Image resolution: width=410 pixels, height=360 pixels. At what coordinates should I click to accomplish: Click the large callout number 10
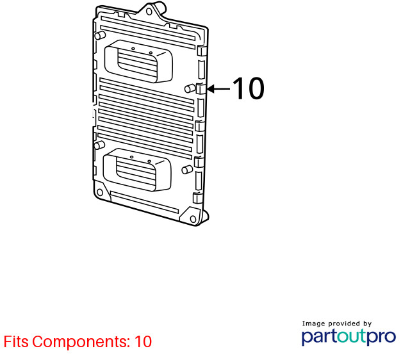tap(249, 88)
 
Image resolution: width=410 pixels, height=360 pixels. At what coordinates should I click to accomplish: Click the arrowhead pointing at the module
tap(211, 88)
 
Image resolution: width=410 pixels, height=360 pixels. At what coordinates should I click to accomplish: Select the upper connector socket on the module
tap(138, 61)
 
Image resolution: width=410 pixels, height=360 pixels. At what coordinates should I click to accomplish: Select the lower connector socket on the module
tap(137, 170)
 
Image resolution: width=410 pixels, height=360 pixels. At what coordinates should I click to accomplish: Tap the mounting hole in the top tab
tap(149, 12)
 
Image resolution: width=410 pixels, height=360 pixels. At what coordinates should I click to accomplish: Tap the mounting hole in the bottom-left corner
tap(100, 193)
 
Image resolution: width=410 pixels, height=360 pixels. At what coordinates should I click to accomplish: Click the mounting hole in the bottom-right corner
tap(193, 219)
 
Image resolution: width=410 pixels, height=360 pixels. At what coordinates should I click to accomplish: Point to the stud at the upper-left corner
tap(100, 35)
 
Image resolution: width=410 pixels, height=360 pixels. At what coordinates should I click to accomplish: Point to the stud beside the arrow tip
tap(189, 88)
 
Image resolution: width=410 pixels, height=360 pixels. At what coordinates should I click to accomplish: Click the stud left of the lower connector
tap(99, 145)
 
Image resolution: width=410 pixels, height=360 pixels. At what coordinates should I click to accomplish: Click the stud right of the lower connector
tap(187, 170)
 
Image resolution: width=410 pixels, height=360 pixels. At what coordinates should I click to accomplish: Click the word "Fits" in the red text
tap(16, 341)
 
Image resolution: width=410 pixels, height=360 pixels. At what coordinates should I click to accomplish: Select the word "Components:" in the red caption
tap(81, 342)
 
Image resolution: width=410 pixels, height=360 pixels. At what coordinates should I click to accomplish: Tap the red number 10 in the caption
tap(143, 341)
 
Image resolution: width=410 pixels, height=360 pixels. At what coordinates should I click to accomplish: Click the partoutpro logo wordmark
tap(348, 337)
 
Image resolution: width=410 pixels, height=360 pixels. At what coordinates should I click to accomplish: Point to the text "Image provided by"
tap(337, 324)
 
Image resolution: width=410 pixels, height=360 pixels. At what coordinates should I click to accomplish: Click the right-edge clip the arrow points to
tap(201, 88)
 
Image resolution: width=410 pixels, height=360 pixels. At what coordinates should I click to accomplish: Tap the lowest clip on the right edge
tap(198, 198)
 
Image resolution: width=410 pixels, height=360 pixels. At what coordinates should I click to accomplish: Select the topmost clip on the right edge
tap(202, 51)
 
